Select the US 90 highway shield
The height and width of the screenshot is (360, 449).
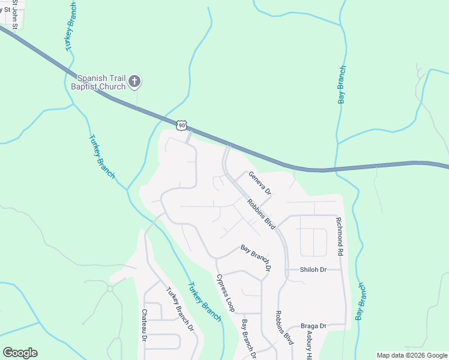(x=182, y=125)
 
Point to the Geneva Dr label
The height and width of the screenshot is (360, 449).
(x=259, y=182)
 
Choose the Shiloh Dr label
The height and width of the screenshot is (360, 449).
(x=313, y=270)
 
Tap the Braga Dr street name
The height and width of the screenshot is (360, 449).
(x=314, y=326)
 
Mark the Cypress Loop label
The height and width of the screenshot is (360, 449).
(x=225, y=293)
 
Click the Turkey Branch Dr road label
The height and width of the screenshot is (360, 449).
(x=180, y=309)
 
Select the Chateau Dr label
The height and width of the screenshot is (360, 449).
(x=145, y=325)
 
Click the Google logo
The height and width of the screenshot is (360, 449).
(x=20, y=353)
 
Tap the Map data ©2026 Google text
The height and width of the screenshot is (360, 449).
(x=411, y=355)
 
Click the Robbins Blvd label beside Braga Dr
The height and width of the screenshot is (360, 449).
(x=285, y=327)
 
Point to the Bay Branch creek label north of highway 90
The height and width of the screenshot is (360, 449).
(x=342, y=85)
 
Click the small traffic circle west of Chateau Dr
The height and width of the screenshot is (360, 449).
(x=110, y=289)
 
